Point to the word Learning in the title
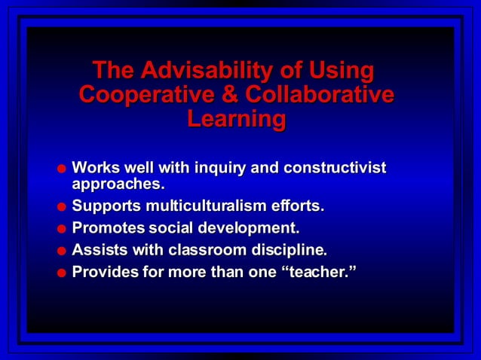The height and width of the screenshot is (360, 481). point(237,119)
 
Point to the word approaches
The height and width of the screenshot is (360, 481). point(117,183)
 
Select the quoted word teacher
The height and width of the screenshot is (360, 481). point(318,271)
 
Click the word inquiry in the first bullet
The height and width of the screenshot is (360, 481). point(221,167)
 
